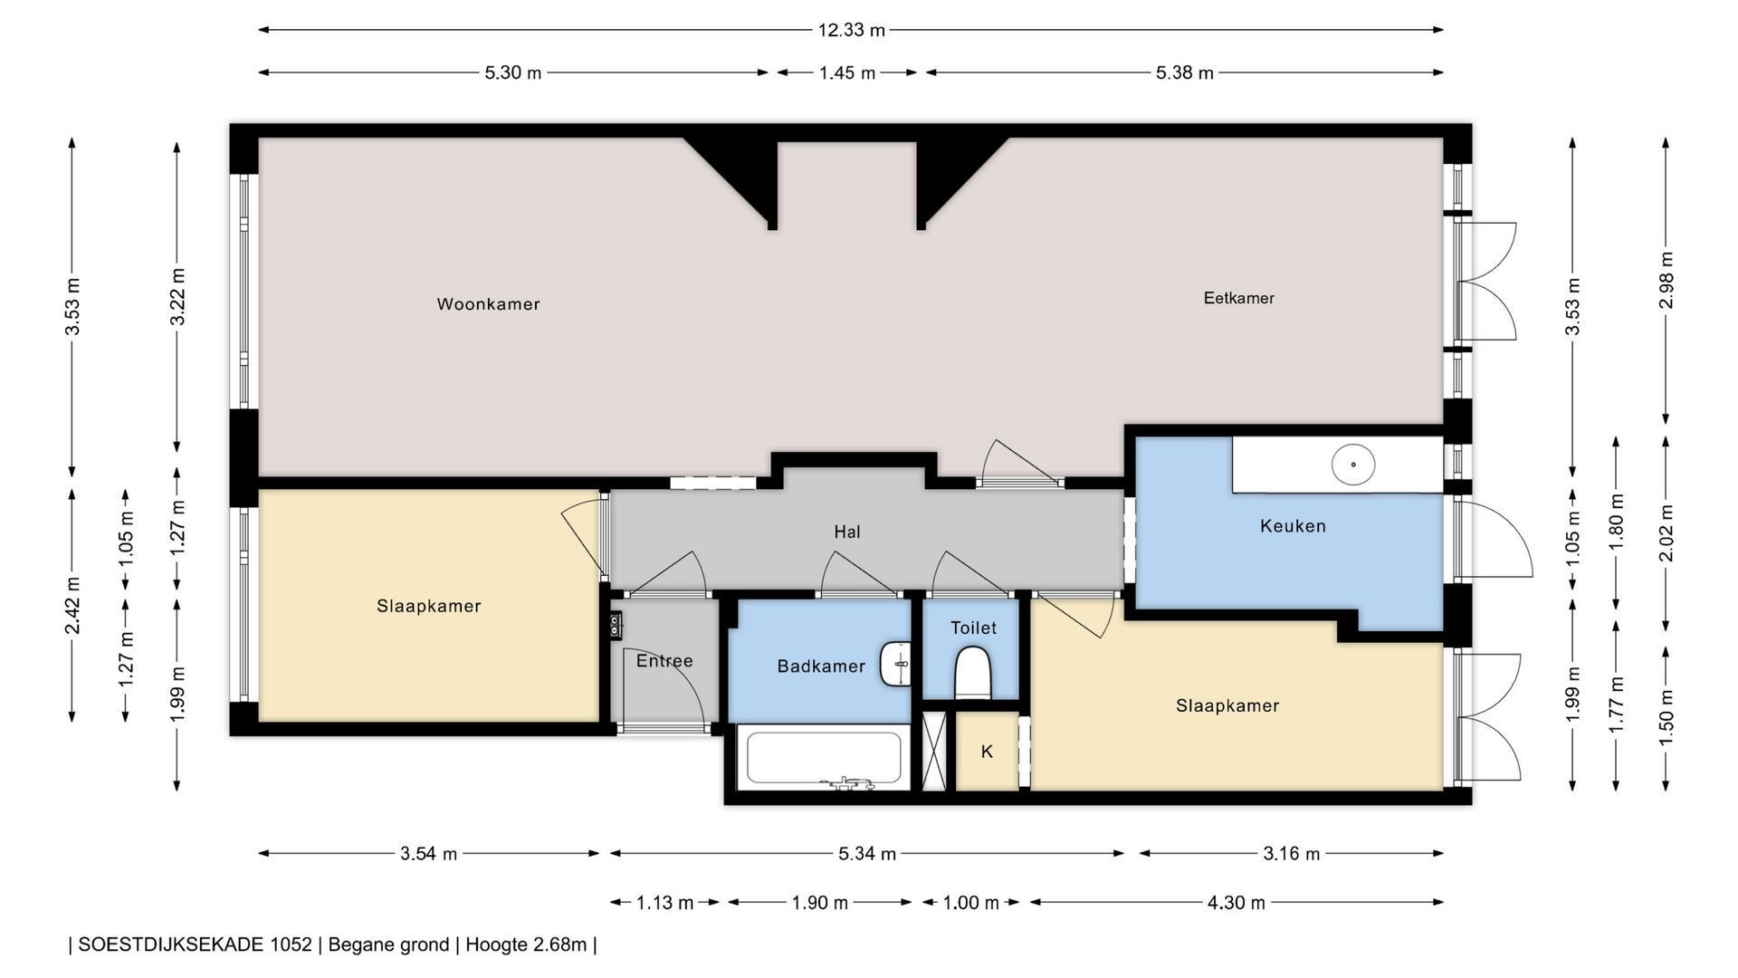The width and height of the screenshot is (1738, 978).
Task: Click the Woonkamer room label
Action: [488, 304]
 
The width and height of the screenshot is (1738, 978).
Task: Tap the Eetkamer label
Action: [1238, 298]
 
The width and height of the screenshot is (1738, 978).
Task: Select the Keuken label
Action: [1293, 526]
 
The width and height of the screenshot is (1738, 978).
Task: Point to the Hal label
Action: [847, 532]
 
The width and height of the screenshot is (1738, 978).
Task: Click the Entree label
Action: [664, 661]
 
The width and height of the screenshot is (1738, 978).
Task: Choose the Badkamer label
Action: [821, 666]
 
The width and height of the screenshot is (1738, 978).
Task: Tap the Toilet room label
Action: [973, 628]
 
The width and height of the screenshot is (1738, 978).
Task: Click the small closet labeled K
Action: [987, 752]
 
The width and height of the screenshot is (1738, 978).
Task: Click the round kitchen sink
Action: [1353, 465]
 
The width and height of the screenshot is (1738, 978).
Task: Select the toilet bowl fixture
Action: [973, 673]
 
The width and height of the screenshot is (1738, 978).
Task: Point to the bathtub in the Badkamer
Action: [823, 758]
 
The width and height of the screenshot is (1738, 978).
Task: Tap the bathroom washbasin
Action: [896, 664]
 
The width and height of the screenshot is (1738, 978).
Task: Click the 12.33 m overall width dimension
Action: [851, 30]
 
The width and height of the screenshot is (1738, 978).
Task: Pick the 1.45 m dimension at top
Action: [847, 72]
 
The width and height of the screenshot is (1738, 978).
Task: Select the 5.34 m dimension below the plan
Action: [867, 853]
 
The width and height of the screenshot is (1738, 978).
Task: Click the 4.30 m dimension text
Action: [1236, 902]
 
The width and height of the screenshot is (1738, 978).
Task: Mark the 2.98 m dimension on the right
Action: [1666, 280]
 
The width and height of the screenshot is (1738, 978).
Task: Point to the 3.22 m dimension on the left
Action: [177, 296]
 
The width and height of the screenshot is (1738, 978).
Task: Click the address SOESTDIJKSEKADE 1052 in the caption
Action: [195, 944]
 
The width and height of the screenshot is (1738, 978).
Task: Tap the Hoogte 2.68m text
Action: [526, 944]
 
